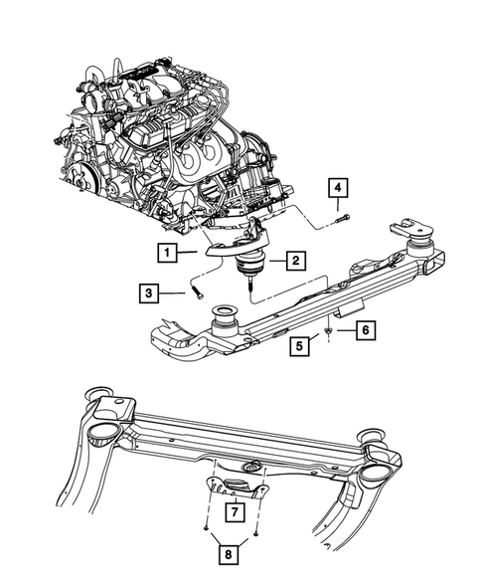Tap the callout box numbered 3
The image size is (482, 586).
[x=148, y=293]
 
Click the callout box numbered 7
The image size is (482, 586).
[x=232, y=512]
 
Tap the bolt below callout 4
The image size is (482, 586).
[x=341, y=218]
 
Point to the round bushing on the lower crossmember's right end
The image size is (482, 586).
[x=375, y=436]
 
